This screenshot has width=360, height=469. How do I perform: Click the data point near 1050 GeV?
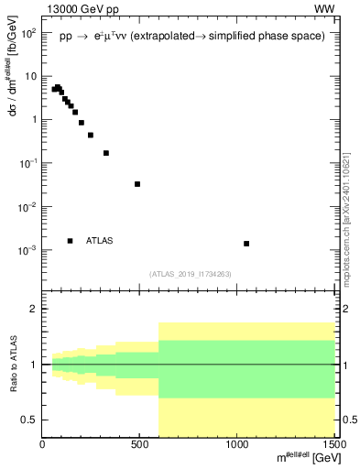coord(246,244)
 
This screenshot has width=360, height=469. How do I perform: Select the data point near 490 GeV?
coord(137,184)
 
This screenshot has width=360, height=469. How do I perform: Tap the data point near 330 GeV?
coord(106,153)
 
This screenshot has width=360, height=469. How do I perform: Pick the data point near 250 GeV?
coord(91,135)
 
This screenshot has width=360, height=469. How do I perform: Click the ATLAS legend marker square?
coord(70,241)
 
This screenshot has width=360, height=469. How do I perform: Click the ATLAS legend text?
coord(100,241)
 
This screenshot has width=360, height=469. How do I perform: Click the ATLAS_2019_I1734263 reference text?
coord(190,273)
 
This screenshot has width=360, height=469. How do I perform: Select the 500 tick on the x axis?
coord(140,446)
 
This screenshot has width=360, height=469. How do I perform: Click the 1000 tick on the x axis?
coord(237,446)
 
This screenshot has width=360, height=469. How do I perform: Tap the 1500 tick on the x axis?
coord(333,446)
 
